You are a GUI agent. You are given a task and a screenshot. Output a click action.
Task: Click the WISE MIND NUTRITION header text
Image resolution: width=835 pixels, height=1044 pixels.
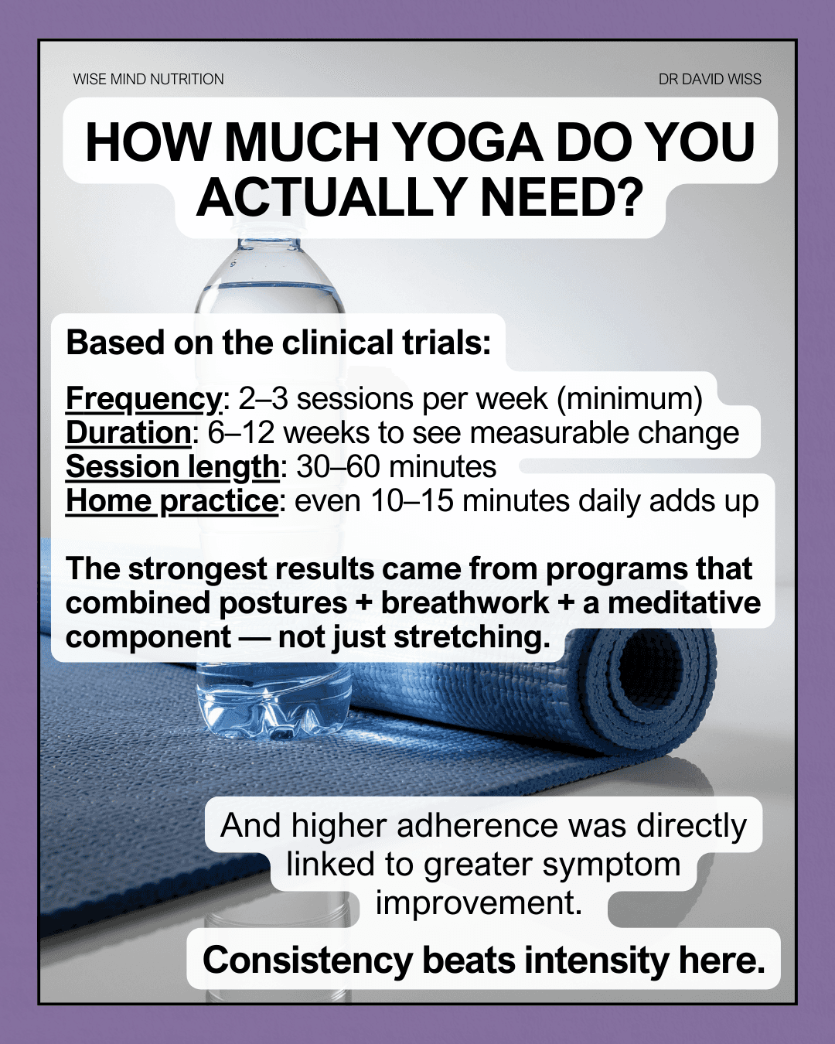[x=148, y=79]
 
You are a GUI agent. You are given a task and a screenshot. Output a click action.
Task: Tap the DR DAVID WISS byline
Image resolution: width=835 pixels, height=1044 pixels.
[x=710, y=79]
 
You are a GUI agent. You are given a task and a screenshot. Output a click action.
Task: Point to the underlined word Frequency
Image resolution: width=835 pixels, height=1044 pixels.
[x=144, y=399]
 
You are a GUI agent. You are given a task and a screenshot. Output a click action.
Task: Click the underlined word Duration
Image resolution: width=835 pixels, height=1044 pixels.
[x=128, y=433]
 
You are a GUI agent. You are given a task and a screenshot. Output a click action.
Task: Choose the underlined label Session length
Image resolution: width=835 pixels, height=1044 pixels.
[x=172, y=467]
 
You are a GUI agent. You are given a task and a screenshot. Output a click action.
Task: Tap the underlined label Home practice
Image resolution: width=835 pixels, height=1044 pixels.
[x=172, y=501]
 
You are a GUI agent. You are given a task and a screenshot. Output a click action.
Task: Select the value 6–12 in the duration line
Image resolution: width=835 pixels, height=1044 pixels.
[x=239, y=433]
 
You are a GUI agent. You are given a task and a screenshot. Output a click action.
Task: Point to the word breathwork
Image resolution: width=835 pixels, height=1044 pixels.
[x=465, y=603]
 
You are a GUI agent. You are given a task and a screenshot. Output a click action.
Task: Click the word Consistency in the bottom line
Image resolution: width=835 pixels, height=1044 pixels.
[x=308, y=960]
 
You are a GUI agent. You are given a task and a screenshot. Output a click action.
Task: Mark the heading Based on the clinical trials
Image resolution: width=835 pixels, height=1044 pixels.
[x=278, y=343]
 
